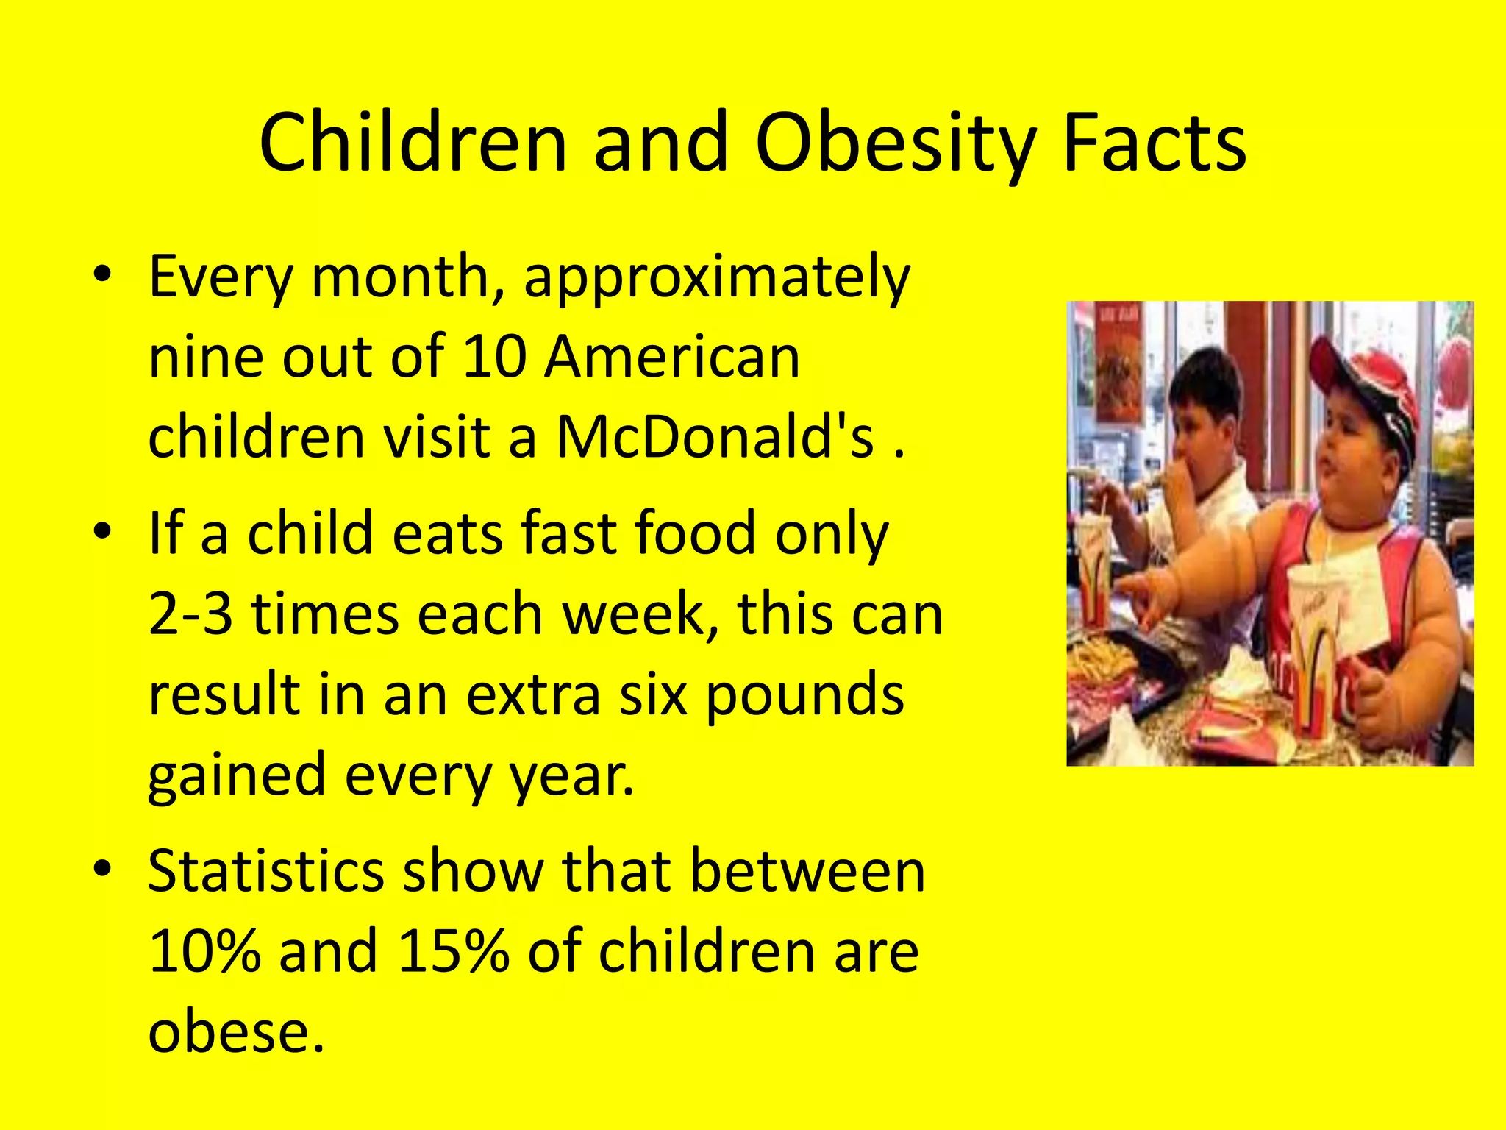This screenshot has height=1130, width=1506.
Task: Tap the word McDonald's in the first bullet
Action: click(715, 437)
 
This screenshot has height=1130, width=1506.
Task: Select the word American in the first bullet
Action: click(671, 358)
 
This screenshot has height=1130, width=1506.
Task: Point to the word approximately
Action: click(717, 278)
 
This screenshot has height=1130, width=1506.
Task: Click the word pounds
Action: click(804, 696)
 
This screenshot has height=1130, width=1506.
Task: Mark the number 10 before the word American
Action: click(495, 358)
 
